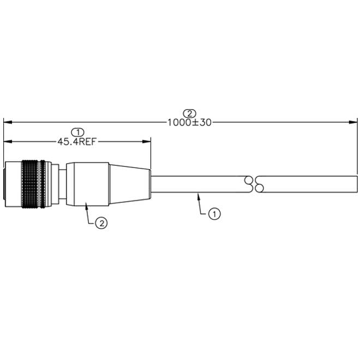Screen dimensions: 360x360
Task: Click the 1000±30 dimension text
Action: point(189,122)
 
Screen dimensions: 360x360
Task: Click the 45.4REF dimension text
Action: point(76,142)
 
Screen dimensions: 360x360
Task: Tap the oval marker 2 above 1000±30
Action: point(190,113)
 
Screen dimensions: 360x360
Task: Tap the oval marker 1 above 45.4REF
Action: point(78,133)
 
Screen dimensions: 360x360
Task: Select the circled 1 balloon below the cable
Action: point(214,214)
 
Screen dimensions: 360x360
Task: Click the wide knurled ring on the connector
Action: point(30,184)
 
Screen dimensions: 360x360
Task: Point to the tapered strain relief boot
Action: point(130,184)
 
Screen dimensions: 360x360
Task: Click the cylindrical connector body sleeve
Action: point(87,184)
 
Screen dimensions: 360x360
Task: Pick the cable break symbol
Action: point(254,184)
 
